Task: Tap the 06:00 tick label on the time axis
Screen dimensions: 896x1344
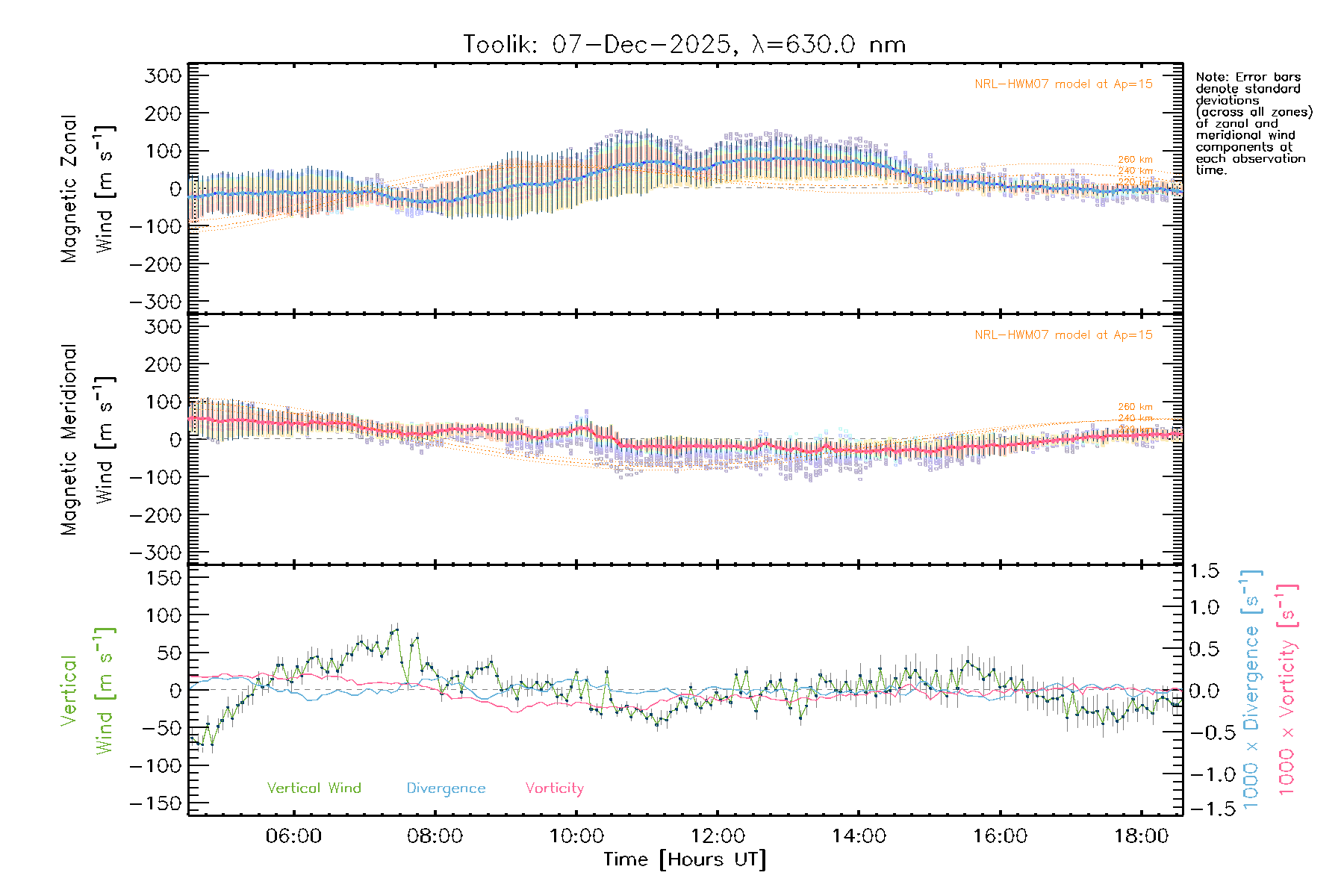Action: pos(293,836)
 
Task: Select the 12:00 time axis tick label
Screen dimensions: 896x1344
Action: pos(718,836)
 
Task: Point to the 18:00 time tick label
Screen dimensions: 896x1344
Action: pos(1141,836)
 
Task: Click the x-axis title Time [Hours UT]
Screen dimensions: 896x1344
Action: pos(685,859)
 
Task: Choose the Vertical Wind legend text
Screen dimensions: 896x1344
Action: pos(314,788)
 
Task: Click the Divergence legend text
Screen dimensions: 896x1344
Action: pos(446,788)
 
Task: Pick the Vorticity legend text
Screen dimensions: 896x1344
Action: pos(554,788)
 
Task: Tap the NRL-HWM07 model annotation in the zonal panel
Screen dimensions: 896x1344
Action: pos(1063,84)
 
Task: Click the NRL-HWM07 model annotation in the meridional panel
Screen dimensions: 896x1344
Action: pos(1063,335)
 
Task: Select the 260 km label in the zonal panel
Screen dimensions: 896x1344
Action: pos(1135,160)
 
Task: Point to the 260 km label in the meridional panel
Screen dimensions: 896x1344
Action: pos(1135,407)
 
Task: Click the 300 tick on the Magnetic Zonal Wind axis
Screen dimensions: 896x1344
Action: pos(163,75)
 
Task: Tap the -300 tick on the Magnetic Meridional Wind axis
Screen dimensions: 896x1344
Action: pos(155,553)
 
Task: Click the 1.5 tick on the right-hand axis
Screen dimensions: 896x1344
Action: pos(1204,571)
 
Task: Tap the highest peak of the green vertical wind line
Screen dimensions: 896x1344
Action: pos(396,628)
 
